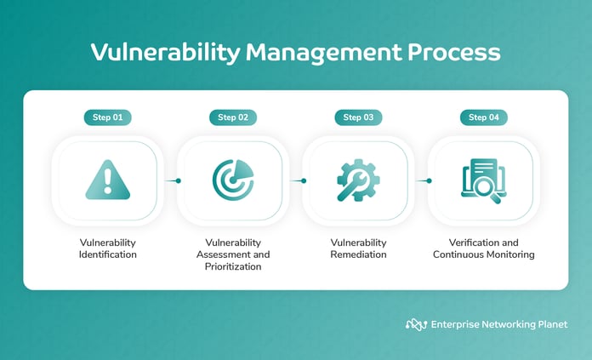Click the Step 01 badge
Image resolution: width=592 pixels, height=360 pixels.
tap(107, 117)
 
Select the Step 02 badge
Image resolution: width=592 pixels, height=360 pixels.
tap(233, 117)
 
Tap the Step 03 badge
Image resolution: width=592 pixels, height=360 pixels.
tap(358, 117)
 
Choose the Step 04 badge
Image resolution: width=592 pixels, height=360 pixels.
tap(484, 117)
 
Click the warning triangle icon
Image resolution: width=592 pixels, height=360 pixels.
tap(107, 180)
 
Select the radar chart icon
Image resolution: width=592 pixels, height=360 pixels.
tap(233, 180)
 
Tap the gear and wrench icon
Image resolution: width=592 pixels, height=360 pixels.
tap(358, 180)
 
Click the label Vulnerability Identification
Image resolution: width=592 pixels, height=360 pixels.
tap(107, 249)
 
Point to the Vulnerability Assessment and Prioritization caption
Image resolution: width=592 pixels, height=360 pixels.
tap(233, 254)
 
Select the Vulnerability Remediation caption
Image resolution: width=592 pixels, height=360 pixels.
tap(358, 249)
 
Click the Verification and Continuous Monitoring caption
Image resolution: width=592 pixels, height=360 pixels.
tap(484, 249)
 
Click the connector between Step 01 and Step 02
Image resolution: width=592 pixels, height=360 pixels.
tap(170, 180)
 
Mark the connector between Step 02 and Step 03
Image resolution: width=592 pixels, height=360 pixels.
tap(296, 180)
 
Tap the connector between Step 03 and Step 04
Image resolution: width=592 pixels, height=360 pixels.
tap(421, 180)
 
